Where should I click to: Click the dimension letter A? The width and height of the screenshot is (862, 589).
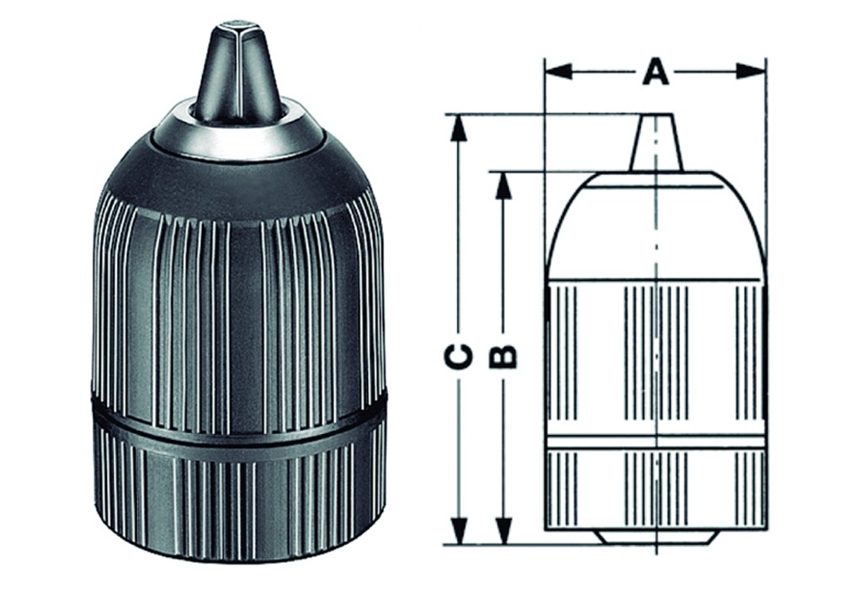[655, 72]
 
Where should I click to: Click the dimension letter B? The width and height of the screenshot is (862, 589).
[503, 357]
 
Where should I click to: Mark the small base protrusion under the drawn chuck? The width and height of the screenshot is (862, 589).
[655, 538]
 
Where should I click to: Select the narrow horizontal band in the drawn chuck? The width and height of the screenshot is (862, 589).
[655, 442]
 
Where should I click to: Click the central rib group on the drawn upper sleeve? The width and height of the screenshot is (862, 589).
[655, 353]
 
